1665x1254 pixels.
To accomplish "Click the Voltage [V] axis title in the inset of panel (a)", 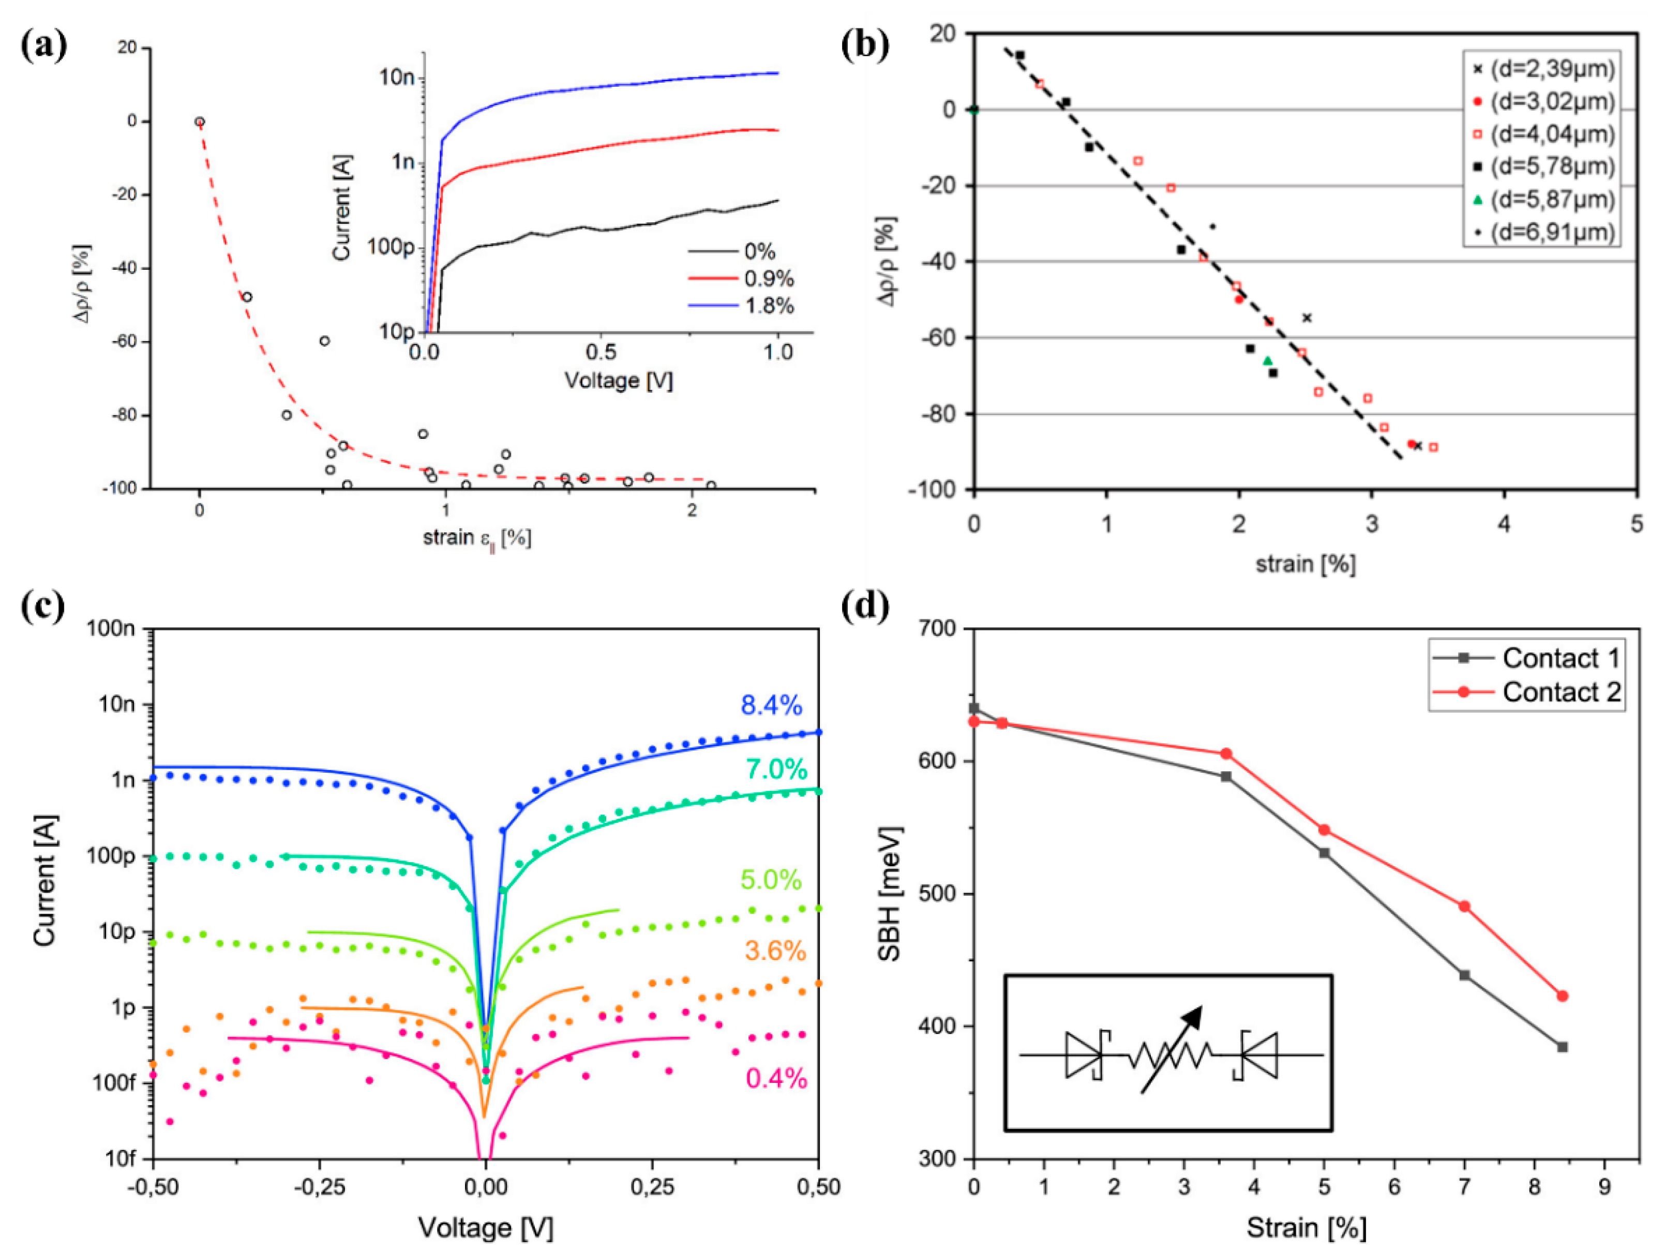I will (x=619, y=380).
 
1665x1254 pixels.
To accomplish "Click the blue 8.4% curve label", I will (x=772, y=706).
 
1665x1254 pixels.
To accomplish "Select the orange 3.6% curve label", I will (x=775, y=951).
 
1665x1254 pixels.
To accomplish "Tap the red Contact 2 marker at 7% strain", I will (x=1464, y=907).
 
